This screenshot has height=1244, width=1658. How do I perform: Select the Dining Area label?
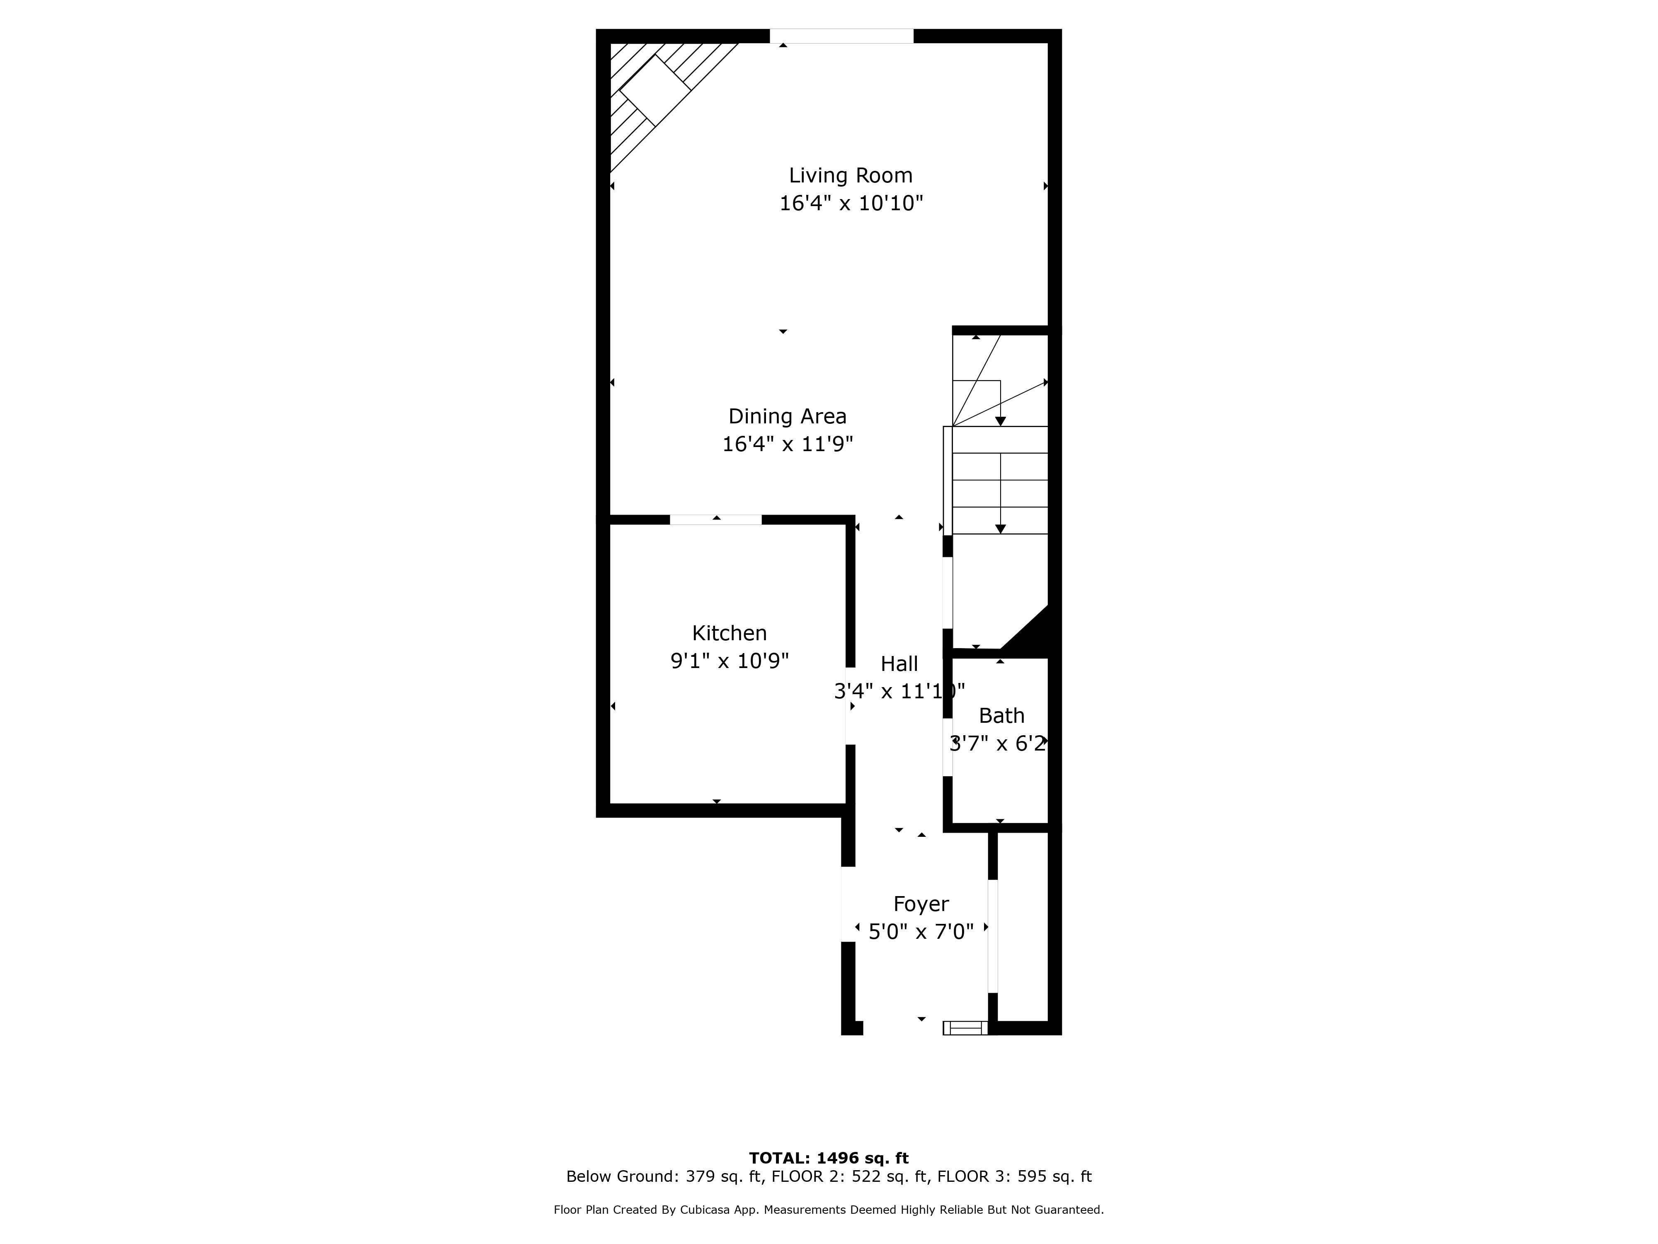coord(788,417)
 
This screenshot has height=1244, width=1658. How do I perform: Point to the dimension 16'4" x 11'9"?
coord(788,444)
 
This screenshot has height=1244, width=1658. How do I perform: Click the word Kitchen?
coord(729,634)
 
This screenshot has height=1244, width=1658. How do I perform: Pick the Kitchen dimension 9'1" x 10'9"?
coord(729,661)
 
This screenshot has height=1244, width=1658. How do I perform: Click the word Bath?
coord(1001,716)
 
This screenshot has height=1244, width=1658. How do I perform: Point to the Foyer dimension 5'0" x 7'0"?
coord(921,931)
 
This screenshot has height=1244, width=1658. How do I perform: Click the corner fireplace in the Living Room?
coord(654,90)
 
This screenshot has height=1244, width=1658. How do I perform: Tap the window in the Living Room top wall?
coord(842,36)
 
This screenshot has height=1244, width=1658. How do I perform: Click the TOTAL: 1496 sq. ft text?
coord(829,1159)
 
